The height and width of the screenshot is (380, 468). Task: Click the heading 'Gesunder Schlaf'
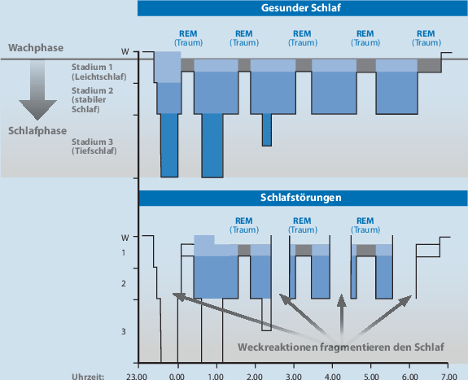pos(302,9)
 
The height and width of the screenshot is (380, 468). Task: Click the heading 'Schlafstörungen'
pos(300,198)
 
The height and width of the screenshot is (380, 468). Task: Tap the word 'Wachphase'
pos(37,48)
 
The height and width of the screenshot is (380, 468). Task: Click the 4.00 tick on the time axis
pos(331,375)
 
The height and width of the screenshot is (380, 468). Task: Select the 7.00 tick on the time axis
pos(448,375)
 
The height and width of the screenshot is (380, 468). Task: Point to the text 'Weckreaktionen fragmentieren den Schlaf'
pos(340,347)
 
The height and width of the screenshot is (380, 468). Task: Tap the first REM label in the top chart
pos(186,37)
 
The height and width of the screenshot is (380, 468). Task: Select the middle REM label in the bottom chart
pos(301,225)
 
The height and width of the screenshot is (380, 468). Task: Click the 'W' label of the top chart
pos(125,51)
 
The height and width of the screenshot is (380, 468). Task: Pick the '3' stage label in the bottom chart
pos(124,331)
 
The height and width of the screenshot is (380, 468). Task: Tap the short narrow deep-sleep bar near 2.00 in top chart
pos(266,129)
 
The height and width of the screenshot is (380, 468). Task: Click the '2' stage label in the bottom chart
pos(124,284)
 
